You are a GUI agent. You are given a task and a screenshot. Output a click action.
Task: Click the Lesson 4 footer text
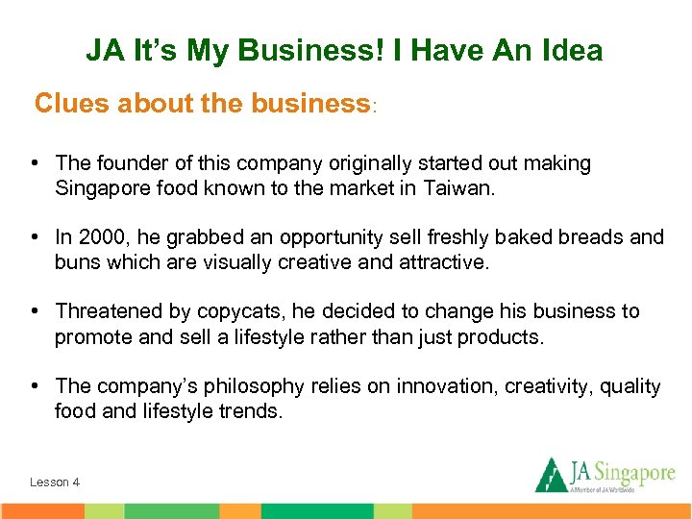pos(55,482)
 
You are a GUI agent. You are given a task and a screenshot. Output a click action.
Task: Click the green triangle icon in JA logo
pos(550,474)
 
